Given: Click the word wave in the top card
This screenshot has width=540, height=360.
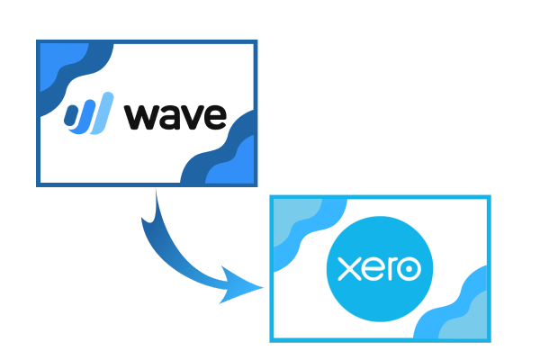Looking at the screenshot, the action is pos(175,117).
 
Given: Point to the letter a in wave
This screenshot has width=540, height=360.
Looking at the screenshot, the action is pos(170,117).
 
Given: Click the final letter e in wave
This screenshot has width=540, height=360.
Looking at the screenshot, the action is pos(216,117).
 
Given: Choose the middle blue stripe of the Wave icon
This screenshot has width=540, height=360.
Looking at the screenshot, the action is pos(84,116).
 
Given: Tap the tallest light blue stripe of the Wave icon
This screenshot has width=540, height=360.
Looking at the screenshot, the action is pos(102,113).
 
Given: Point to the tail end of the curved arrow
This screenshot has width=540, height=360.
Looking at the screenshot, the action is pos(156,190).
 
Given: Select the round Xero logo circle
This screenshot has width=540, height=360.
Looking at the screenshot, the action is pos(380,269).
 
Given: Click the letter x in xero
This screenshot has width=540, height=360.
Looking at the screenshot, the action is pos(348,269).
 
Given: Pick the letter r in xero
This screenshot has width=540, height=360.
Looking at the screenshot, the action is pos(391,269).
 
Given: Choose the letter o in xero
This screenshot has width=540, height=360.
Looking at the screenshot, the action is pos(409,269).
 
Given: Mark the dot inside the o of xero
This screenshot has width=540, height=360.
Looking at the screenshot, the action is pos(409,269).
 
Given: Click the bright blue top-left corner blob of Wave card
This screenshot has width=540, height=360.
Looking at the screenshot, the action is pos(58,62).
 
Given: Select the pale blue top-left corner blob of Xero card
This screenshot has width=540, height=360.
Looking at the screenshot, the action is pos(292,218).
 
